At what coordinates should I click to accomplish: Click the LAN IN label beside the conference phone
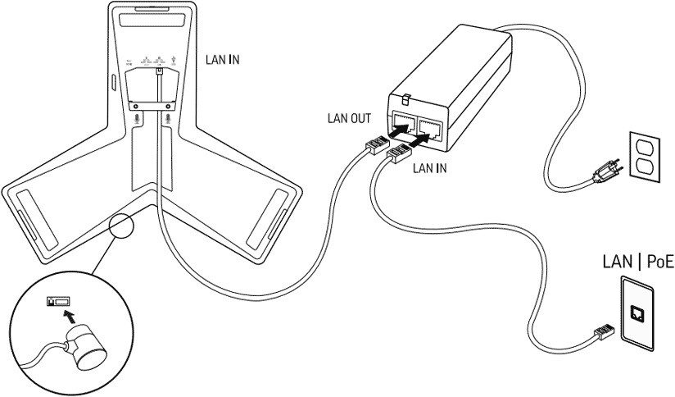[222, 59]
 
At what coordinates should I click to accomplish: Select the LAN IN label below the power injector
[428, 168]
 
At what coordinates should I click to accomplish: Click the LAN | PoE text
[637, 262]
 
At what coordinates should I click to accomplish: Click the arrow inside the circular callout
[71, 315]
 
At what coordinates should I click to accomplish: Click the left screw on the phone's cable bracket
[132, 104]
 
